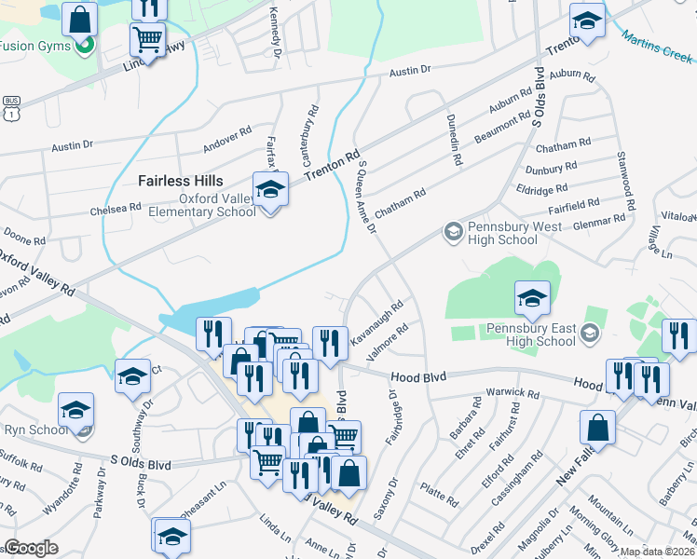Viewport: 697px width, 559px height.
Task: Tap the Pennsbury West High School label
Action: pyautogui.click(x=502, y=233)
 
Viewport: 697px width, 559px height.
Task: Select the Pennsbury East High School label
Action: pyautogui.click(x=530, y=335)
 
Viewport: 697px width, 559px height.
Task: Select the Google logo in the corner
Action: pyautogui.click(x=31, y=548)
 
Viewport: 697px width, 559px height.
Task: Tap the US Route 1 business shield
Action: pyautogui.click(x=11, y=108)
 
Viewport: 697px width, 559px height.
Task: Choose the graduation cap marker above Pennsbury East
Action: pyautogui.click(x=532, y=297)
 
